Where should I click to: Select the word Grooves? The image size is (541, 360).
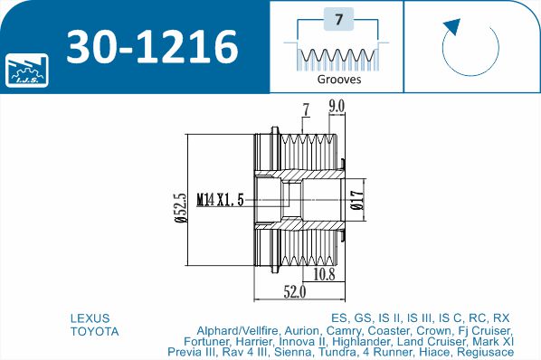(x=338, y=80)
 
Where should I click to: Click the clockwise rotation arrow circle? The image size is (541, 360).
(x=470, y=44)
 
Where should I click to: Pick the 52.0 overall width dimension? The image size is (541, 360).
(x=295, y=291)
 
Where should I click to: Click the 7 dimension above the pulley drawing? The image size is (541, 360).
(x=306, y=110)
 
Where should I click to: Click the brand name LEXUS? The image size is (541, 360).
(x=90, y=318)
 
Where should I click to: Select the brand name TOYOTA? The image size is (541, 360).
(x=94, y=331)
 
